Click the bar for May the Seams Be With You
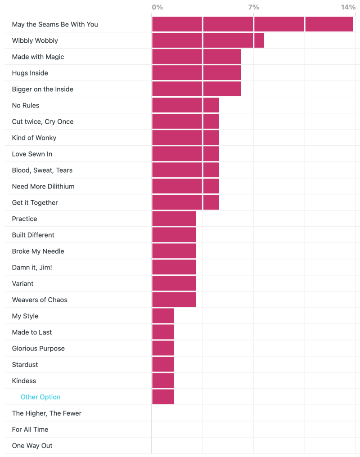(x=252, y=24)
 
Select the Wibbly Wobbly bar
(x=208, y=40)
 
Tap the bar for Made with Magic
(x=196, y=57)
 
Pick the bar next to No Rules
(x=185, y=105)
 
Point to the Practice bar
(x=174, y=219)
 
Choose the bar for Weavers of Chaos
(x=174, y=300)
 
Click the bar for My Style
(x=163, y=316)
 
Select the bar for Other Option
(x=163, y=397)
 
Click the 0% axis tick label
(x=157, y=7)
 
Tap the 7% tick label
(x=253, y=7)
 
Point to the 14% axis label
(x=348, y=7)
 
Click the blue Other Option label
(x=40, y=397)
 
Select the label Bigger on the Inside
(x=43, y=89)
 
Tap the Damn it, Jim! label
(x=32, y=267)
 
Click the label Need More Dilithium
(x=43, y=186)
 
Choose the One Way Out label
(x=32, y=445)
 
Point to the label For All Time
(x=30, y=429)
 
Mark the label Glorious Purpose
(x=38, y=348)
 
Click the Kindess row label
(x=24, y=381)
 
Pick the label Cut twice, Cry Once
(x=43, y=121)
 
